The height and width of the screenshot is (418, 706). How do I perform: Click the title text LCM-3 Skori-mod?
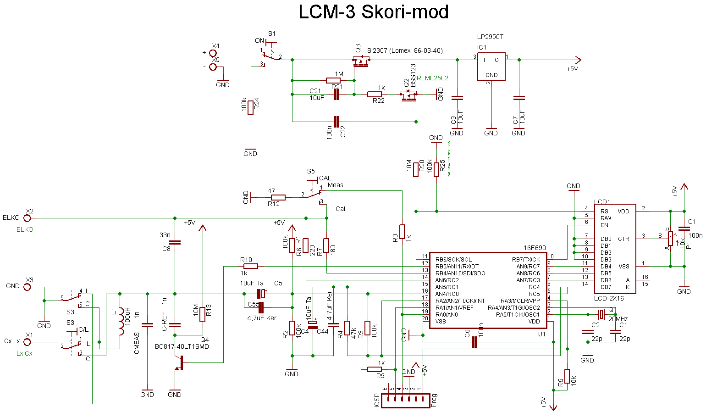[x=373, y=12]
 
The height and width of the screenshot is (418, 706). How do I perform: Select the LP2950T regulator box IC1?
[x=491, y=67]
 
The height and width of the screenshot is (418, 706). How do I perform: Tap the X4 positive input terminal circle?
[x=213, y=53]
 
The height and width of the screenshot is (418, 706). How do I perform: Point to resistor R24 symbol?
[x=250, y=108]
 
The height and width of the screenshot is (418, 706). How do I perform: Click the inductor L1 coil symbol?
[x=121, y=321]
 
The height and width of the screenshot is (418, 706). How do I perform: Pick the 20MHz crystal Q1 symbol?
[x=601, y=314]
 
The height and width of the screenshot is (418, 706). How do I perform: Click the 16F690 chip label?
[x=535, y=248]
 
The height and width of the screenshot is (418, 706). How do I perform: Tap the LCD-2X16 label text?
[x=608, y=298]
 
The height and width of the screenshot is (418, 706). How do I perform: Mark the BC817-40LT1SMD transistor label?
[x=182, y=346]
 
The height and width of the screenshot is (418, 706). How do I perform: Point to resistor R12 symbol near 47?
[x=278, y=197]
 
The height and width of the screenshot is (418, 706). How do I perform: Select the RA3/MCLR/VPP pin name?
[x=520, y=301]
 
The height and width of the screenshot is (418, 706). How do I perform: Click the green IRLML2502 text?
[x=432, y=78]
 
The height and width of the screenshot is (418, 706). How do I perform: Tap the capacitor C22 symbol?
[x=337, y=122]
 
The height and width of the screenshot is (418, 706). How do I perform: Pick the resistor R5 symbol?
[x=567, y=376]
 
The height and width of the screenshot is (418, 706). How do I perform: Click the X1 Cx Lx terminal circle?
[x=28, y=342]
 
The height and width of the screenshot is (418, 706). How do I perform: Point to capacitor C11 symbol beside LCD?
[x=684, y=229]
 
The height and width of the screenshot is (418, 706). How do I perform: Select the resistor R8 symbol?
[x=402, y=232]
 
